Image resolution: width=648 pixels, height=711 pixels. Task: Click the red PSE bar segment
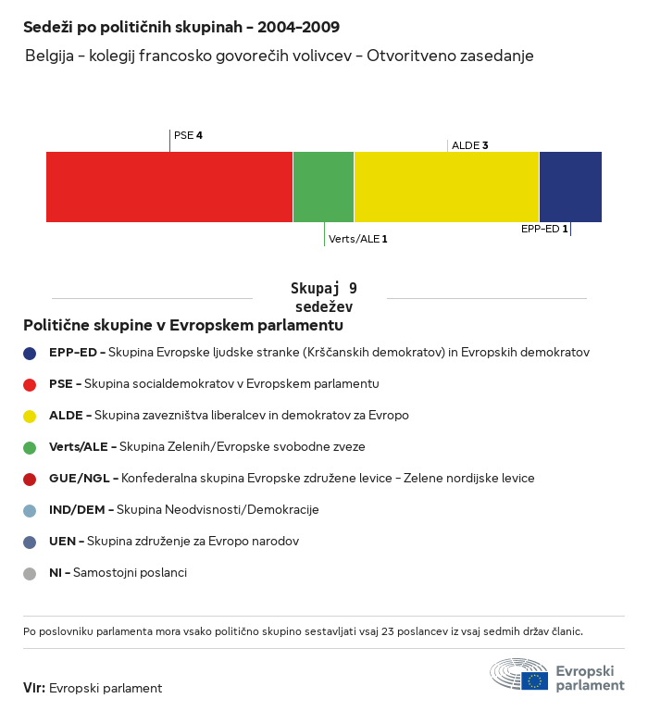(x=169, y=187)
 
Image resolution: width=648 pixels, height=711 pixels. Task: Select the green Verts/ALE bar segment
(x=323, y=187)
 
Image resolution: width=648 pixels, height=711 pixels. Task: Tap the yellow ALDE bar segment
(x=446, y=187)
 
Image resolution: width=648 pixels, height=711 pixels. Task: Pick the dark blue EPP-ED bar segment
(x=570, y=187)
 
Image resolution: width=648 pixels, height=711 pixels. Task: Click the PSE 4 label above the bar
(x=188, y=136)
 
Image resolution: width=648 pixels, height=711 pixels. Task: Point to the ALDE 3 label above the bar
(x=469, y=145)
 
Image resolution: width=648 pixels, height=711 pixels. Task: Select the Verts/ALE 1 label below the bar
(x=357, y=239)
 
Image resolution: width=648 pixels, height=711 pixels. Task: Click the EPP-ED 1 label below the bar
(x=544, y=229)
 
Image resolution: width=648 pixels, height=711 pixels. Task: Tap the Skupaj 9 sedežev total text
(x=324, y=297)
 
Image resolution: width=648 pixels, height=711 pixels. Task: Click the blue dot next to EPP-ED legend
(x=30, y=353)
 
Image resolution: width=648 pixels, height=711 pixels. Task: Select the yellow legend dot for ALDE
(x=30, y=416)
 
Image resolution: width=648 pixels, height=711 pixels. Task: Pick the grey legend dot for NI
(x=30, y=573)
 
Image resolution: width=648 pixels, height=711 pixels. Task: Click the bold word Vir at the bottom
(x=33, y=688)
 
